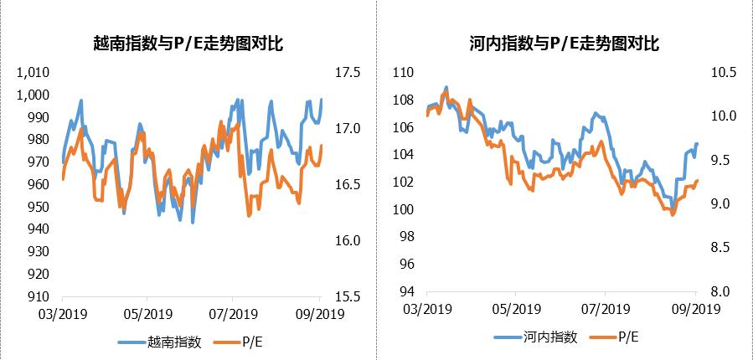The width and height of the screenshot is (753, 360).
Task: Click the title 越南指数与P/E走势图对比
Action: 188,44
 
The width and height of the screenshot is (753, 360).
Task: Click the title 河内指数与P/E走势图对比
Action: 565,44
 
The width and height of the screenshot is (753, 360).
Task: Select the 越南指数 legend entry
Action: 173,341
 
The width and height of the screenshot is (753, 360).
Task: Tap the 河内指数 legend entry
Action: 549,337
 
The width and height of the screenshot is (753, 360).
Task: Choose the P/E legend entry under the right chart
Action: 629,337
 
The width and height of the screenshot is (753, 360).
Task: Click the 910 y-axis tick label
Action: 39,296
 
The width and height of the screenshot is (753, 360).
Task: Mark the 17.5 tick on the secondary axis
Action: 348,73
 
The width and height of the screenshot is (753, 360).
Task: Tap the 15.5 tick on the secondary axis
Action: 348,296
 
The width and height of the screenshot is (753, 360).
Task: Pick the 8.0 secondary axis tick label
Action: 725,291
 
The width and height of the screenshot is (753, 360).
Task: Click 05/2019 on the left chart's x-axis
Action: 147,315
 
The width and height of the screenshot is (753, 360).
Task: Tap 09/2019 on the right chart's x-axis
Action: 694,309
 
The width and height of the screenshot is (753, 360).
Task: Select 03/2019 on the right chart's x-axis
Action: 427,309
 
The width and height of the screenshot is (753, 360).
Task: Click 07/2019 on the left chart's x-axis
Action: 232,315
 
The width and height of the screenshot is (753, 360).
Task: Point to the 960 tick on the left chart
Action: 39,184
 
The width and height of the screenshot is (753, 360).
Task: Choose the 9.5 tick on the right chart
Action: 725,160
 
